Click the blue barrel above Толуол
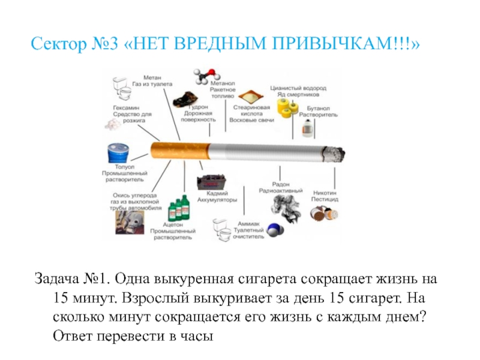tap(119, 153)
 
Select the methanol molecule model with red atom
tap(202, 77)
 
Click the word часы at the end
tap(197, 335)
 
